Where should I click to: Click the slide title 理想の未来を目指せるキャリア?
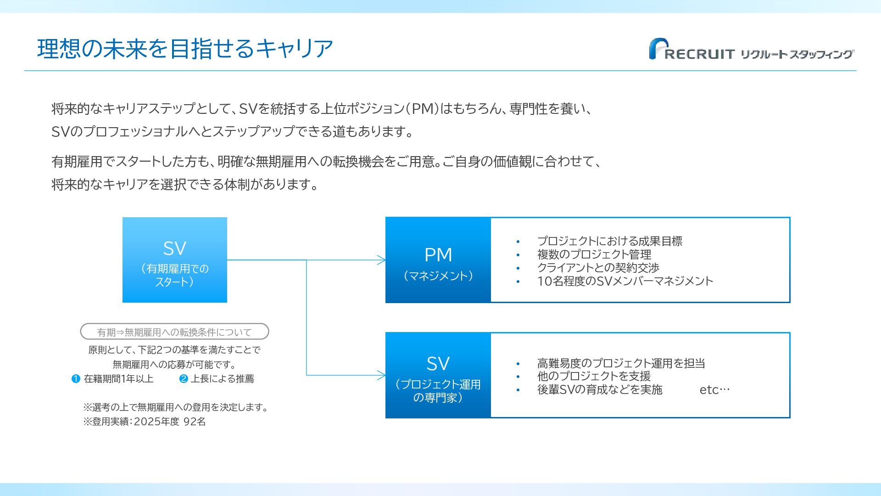coord(185,49)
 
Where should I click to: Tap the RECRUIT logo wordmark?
coord(699,54)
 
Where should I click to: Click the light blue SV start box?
coord(175,259)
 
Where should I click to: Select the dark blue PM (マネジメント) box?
coord(438,260)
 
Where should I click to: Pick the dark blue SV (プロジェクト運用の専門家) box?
coord(438,375)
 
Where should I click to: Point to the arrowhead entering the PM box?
coord(382,260)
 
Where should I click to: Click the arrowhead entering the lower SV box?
coord(382,375)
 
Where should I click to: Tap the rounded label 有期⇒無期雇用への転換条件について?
coord(174,332)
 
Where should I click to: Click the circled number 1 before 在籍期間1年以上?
coord(76,379)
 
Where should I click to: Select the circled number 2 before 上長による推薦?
coord(184,379)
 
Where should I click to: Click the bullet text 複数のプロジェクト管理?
coord(594,254)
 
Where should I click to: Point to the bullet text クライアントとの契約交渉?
coord(598,268)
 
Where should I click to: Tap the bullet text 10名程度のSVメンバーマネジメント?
coord(625,281)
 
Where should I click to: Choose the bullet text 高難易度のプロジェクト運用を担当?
coord(621,363)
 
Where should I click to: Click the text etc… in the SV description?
coord(714,390)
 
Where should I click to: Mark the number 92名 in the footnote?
coord(195,422)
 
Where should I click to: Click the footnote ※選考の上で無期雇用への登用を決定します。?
coord(176,407)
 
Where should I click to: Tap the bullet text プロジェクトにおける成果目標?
coord(609,241)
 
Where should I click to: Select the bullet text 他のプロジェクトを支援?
coord(594,377)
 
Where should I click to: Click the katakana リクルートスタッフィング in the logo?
coord(797,54)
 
